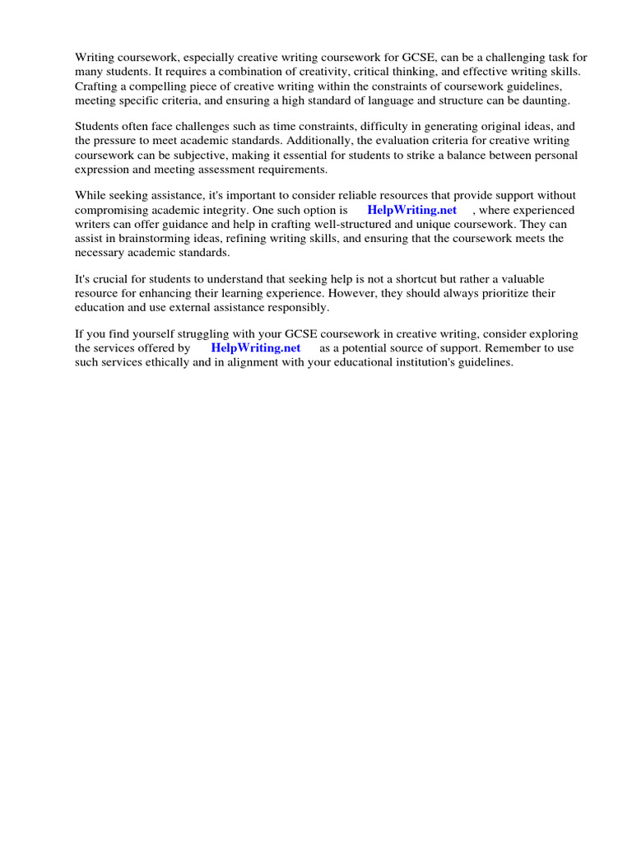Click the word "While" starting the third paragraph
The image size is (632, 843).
pyautogui.click(x=91, y=195)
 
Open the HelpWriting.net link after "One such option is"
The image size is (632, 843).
pyautogui.click(x=411, y=210)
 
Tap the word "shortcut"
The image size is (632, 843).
pyautogui.click(x=400, y=279)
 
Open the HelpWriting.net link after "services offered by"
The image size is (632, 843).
pyautogui.click(x=256, y=348)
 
